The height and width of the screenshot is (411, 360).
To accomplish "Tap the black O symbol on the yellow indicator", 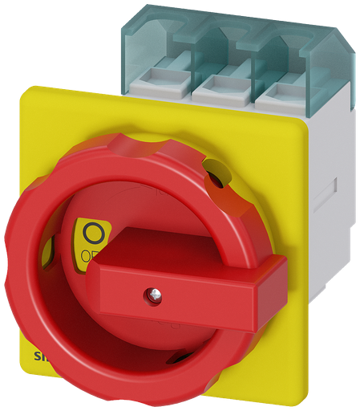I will pyautogui.click(x=93, y=234).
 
